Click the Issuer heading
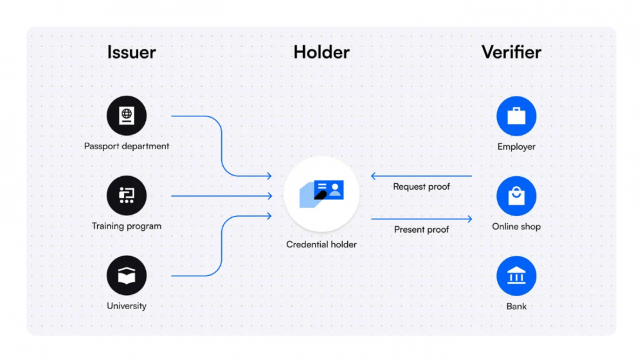(132, 52)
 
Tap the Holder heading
(321, 52)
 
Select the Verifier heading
(511, 52)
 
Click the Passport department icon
(127, 116)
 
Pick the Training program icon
(127, 195)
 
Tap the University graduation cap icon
(127, 276)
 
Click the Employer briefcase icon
(516, 116)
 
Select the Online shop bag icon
(516, 196)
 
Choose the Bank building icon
(516, 276)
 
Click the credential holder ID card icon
(321, 194)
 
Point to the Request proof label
(422, 186)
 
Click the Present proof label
(422, 230)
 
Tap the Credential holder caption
(321, 244)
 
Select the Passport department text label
(127, 147)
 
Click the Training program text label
(127, 226)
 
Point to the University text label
(127, 306)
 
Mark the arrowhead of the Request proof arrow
(373, 176)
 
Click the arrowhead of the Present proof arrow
(470, 219)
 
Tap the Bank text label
(516, 306)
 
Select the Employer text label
(516, 147)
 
